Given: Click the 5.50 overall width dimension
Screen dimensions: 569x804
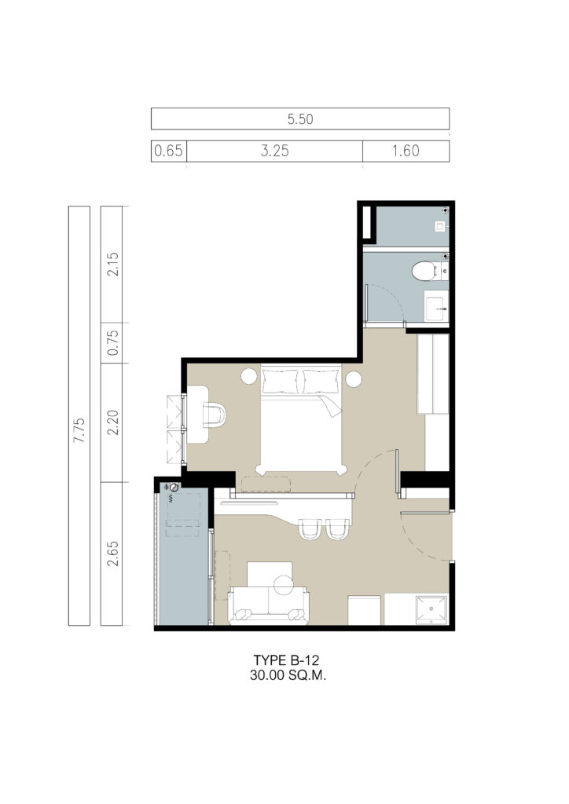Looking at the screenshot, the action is click(300, 119).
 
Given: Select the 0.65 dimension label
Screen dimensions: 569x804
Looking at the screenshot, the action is click(168, 151).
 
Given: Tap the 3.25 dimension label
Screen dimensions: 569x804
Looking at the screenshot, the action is click(274, 151).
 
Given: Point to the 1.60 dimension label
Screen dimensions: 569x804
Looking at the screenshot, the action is click(406, 151).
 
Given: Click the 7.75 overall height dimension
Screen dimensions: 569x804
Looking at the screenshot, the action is click(79, 431).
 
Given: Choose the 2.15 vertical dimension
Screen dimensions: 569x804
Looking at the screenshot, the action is click(112, 264).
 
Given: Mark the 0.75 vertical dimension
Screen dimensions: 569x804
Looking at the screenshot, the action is click(112, 342).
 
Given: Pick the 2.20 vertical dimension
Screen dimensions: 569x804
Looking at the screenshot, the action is click(112, 422).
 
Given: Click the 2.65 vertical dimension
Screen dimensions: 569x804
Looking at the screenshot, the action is click(112, 554).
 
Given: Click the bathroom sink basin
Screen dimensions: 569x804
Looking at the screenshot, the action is click(436, 305).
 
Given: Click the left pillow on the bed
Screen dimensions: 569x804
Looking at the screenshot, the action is click(280, 382).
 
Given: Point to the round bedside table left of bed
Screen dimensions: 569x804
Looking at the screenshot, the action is click(249, 377).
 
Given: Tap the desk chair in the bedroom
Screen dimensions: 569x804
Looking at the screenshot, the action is click(214, 415).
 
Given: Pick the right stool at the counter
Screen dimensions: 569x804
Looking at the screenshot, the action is click(338, 528).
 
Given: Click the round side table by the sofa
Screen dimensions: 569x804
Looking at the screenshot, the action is click(283, 584).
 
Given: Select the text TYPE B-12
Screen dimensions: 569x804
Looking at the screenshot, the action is click(286, 660).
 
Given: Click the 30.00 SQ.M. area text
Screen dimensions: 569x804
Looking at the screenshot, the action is click(288, 675).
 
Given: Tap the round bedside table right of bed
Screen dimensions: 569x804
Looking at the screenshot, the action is click(354, 379).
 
